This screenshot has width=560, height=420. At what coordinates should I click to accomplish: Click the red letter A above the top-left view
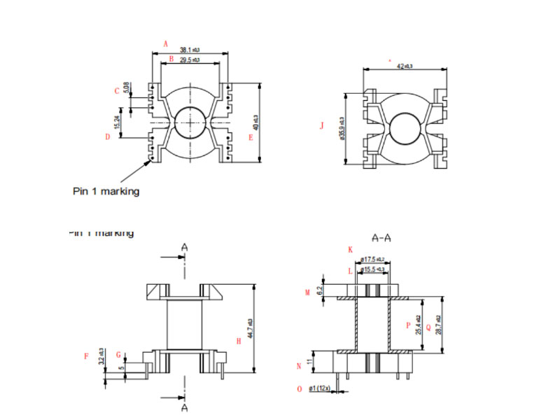point(166,43)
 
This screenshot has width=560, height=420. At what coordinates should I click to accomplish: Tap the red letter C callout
point(118,91)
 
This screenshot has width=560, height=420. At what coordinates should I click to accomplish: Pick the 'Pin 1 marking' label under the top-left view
point(106,191)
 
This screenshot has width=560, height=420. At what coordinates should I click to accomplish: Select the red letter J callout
point(321,126)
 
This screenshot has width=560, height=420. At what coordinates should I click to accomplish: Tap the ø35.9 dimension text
point(342,127)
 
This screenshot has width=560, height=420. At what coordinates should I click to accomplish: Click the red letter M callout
point(307,291)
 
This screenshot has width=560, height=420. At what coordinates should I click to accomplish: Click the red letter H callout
point(239,341)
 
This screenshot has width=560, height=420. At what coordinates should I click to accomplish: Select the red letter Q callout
point(428,326)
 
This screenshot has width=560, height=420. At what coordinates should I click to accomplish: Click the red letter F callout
point(86,356)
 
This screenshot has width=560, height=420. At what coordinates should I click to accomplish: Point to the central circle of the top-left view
point(189,124)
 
